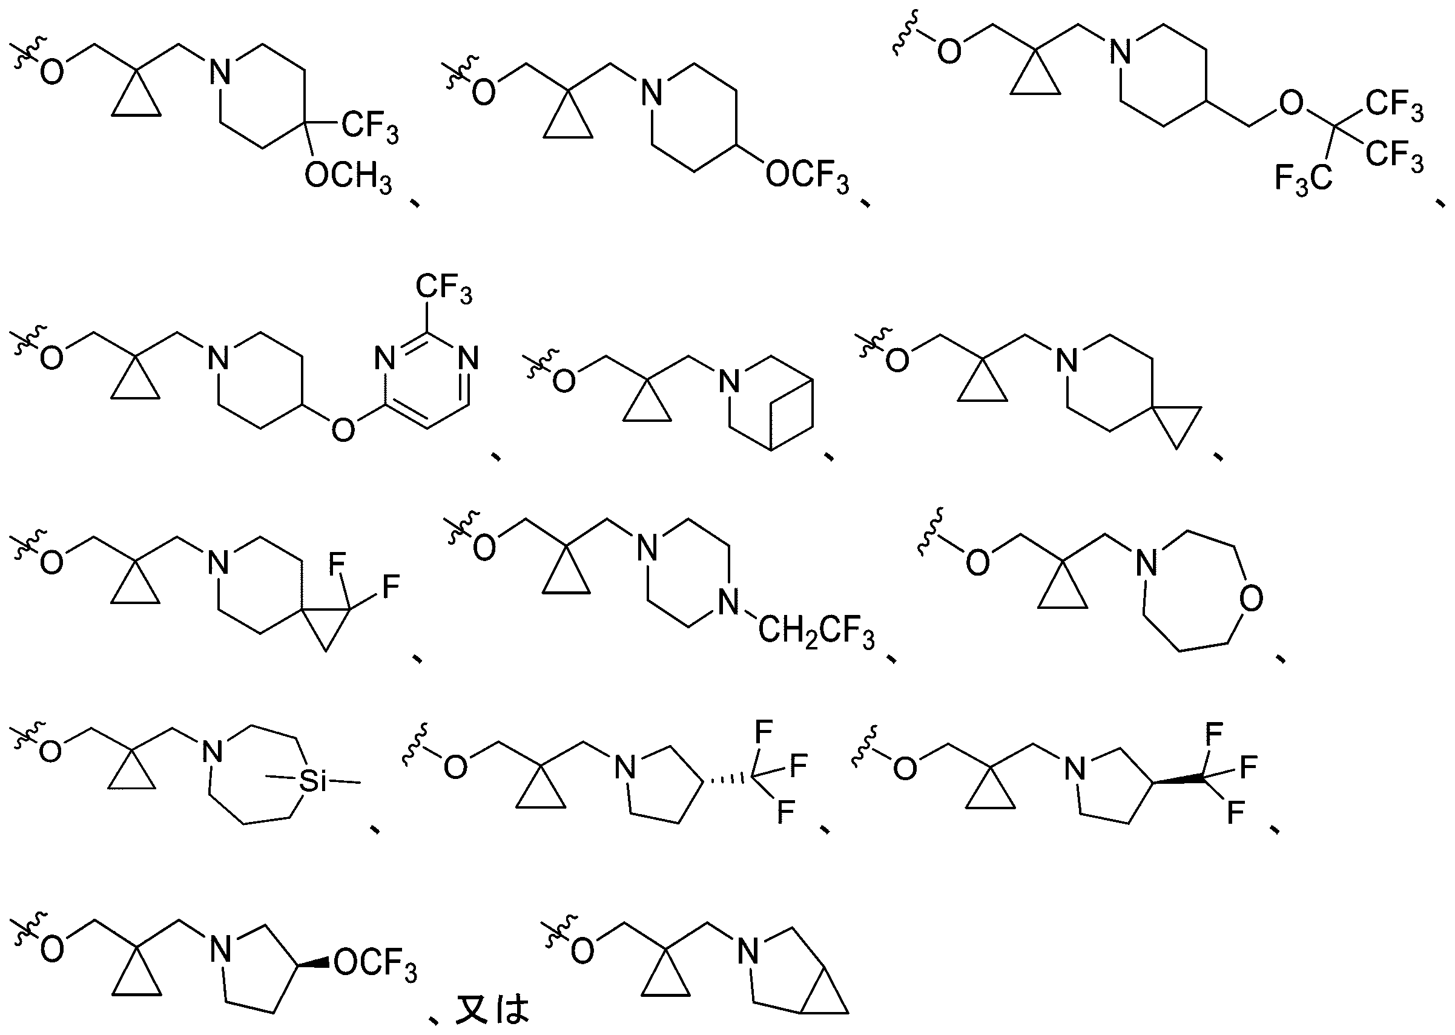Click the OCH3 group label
point(348,176)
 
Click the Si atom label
point(312,781)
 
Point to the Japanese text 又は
point(492,1010)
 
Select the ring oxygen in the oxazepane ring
point(1252,600)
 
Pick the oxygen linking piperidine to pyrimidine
point(343,430)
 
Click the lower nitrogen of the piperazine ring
point(728,602)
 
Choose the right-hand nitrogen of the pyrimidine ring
point(469,358)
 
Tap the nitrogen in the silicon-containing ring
point(213,751)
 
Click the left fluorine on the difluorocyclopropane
point(337,563)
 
